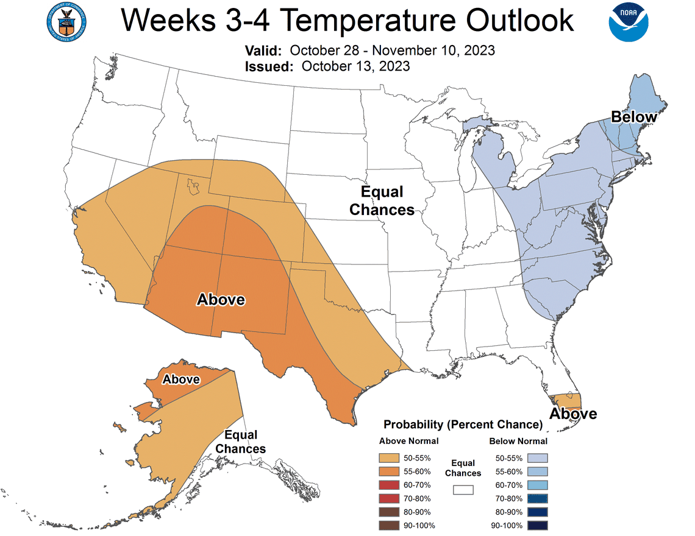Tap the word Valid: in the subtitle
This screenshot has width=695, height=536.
tap(263, 51)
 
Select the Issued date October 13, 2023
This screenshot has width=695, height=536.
tap(355, 66)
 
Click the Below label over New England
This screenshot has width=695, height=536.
tap(634, 116)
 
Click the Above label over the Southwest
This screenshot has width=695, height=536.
tap(221, 300)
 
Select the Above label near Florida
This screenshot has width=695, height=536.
tap(573, 414)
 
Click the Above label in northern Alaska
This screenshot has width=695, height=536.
tap(181, 379)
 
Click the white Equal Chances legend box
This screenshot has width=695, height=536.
tap(463, 489)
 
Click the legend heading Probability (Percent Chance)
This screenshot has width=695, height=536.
tap(463, 424)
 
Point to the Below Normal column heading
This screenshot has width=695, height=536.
tap(518, 441)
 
